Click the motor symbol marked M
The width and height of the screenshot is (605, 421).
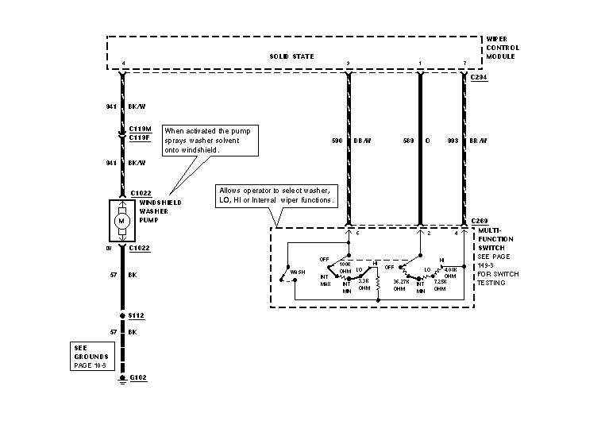click(x=121, y=220)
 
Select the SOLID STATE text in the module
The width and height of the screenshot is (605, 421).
click(x=291, y=56)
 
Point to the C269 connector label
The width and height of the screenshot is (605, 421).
click(x=479, y=220)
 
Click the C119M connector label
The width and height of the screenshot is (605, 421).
click(x=140, y=128)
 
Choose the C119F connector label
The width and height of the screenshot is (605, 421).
click(x=140, y=137)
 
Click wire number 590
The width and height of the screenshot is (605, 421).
click(x=336, y=141)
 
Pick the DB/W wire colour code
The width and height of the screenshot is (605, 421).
click(x=362, y=141)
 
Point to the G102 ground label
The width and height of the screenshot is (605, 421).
click(x=138, y=380)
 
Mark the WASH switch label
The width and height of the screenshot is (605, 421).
click(x=299, y=272)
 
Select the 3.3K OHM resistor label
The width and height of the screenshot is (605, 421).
click(x=365, y=284)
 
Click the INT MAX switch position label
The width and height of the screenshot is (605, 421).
click(x=325, y=280)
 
